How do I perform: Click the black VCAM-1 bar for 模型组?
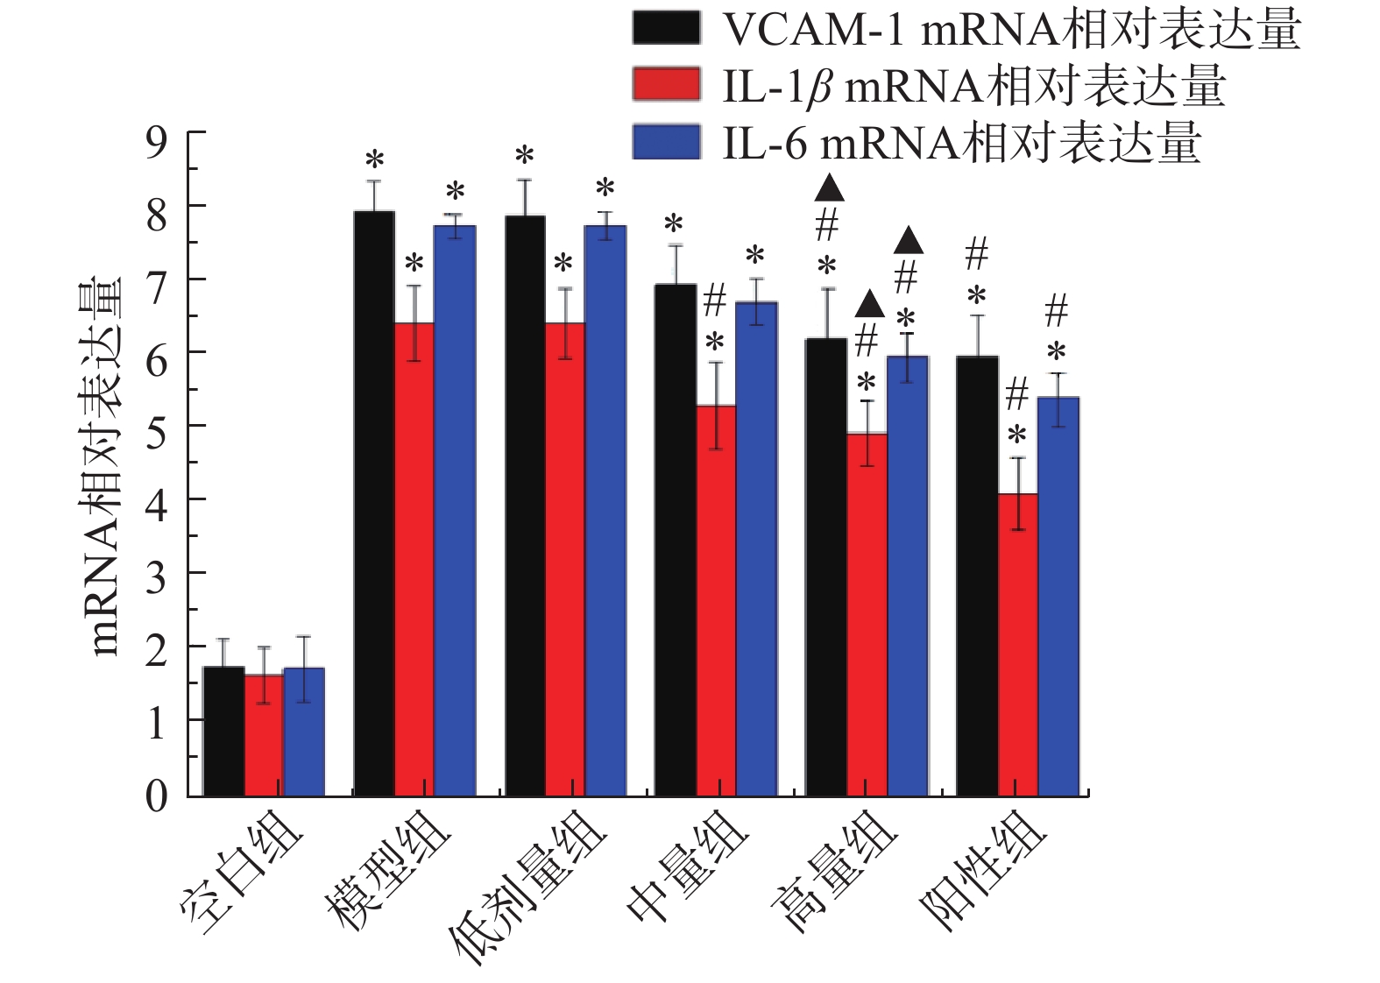374,504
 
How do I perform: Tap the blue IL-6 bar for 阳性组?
1058,596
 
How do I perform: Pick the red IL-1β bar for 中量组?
715,600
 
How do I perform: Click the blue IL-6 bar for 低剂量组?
605,510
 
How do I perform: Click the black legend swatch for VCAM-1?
666,27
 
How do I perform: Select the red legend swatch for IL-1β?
666,84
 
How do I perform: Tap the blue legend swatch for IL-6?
666,141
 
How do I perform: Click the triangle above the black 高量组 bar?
828,187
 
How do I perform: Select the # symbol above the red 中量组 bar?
715,302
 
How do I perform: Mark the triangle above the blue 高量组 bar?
908,239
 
